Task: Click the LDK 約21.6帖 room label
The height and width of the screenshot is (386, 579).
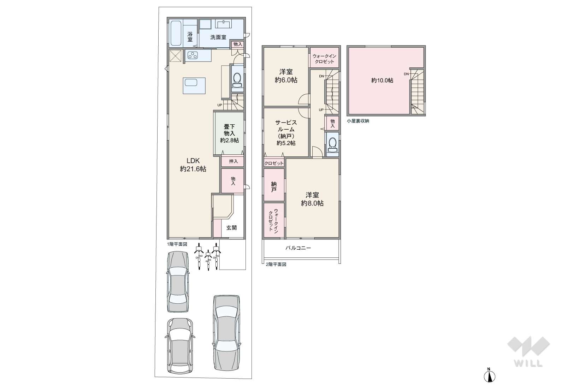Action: (x=193, y=165)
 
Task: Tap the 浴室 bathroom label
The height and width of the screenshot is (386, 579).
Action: (x=190, y=37)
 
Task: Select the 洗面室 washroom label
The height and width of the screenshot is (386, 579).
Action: (x=218, y=37)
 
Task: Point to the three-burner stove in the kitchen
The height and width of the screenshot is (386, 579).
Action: (x=193, y=55)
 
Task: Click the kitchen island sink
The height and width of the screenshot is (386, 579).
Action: (x=191, y=83)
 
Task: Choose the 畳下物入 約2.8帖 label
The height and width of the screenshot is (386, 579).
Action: (x=229, y=133)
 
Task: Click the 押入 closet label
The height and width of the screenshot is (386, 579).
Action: (x=234, y=161)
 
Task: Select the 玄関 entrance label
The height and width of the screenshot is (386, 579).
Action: (x=231, y=228)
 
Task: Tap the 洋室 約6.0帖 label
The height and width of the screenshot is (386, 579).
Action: (x=286, y=76)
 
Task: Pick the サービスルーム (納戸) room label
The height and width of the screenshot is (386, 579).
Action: (x=286, y=132)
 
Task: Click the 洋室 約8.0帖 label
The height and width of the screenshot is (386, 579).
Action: (x=312, y=199)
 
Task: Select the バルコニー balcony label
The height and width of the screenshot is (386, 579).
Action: (x=298, y=248)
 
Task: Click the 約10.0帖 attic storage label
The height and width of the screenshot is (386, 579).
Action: (x=382, y=81)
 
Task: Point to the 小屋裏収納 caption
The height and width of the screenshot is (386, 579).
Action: (x=358, y=121)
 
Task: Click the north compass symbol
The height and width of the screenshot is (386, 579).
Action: (x=489, y=376)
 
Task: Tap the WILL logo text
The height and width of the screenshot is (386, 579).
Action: (x=528, y=363)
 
